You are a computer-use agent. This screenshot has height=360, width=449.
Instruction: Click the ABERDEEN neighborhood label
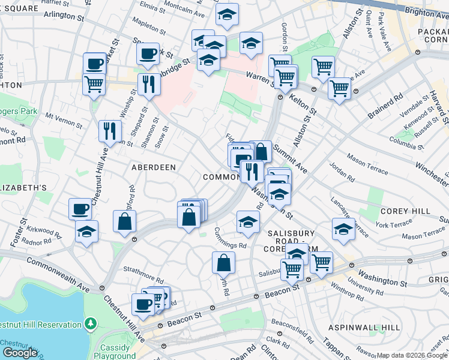(153, 168)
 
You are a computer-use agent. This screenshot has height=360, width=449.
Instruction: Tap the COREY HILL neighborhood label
(405, 211)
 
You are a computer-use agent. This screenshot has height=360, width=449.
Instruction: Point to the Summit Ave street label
(289, 157)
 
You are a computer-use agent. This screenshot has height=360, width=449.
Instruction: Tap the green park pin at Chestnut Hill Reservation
(91, 324)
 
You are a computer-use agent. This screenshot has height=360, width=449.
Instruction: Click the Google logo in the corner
(20, 353)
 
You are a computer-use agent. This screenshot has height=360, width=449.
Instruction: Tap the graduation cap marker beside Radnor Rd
(86, 231)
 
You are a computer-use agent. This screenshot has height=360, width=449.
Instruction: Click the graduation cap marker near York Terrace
(343, 229)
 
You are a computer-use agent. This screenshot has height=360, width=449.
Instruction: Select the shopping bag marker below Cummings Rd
(223, 262)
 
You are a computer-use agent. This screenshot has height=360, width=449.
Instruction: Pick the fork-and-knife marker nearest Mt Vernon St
(110, 130)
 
